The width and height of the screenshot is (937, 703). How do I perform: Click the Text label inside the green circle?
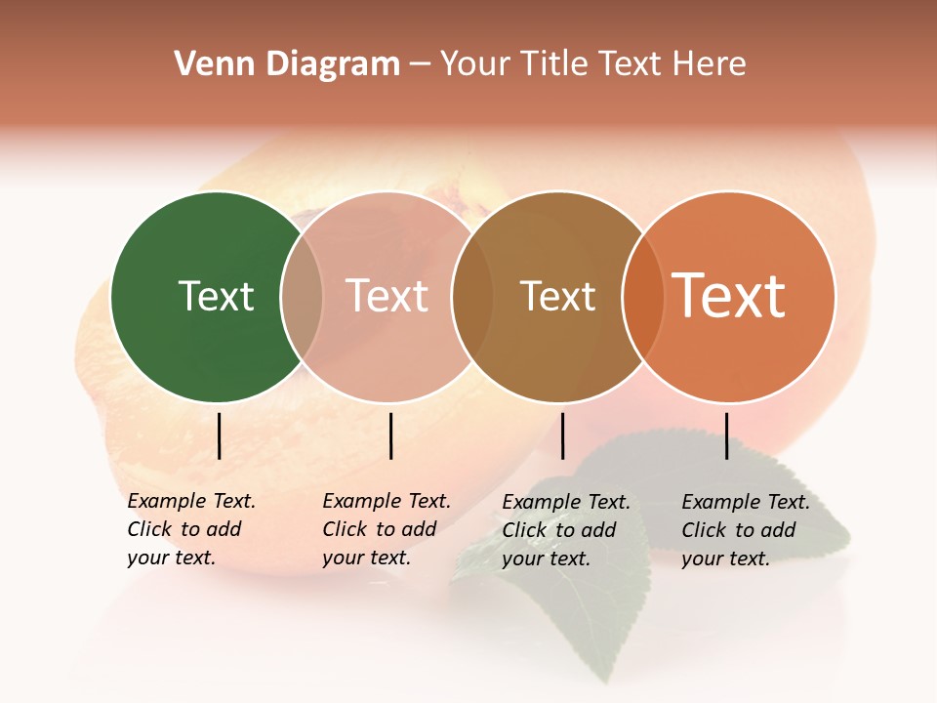[x=216, y=296]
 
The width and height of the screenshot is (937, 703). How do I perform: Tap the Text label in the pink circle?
[x=387, y=296]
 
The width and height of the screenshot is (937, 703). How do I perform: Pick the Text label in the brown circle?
[x=557, y=296]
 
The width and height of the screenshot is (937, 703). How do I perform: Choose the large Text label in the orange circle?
[x=729, y=296]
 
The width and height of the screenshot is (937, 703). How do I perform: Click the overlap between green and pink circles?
[x=302, y=297]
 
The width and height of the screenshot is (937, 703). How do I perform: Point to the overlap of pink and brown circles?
[x=472, y=297]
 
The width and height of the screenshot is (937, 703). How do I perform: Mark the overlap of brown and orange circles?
[x=643, y=297]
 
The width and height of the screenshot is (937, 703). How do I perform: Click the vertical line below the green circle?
[x=219, y=435]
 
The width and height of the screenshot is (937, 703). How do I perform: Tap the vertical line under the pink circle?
[x=390, y=435]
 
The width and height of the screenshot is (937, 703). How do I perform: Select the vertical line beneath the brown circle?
[x=562, y=435]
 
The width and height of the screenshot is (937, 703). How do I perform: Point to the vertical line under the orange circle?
[x=726, y=435]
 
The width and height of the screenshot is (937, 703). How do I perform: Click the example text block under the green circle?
[x=191, y=529]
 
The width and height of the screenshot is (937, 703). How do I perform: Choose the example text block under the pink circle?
[x=387, y=529]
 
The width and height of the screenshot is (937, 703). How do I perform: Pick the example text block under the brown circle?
[x=566, y=530]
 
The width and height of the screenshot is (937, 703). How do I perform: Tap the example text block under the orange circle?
[x=746, y=530]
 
